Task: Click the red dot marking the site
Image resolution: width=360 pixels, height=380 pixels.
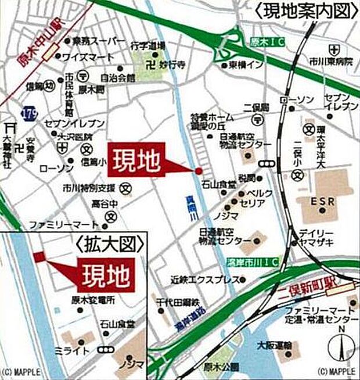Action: click(x=199, y=170)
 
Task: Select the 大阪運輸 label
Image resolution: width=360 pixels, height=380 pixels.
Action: click(x=272, y=345)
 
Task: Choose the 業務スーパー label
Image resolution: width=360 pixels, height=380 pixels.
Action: click(x=99, y=41)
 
